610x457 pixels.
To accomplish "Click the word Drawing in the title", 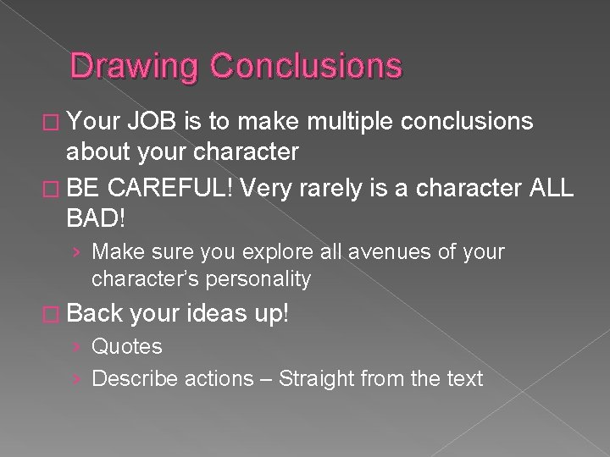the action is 134,67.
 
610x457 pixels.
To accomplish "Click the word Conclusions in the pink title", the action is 306,65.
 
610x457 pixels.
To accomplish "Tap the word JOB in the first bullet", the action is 152,121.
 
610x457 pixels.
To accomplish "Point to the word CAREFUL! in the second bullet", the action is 169,188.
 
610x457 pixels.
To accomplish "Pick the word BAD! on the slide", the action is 96,217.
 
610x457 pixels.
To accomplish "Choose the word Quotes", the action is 127,346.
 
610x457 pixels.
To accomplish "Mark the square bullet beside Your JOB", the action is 51,123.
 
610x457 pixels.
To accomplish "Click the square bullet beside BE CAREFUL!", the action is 51,190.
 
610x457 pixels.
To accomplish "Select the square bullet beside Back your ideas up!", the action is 51,314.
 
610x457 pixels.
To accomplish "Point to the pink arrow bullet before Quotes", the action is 76,347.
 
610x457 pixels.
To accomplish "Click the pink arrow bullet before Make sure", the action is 76,252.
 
